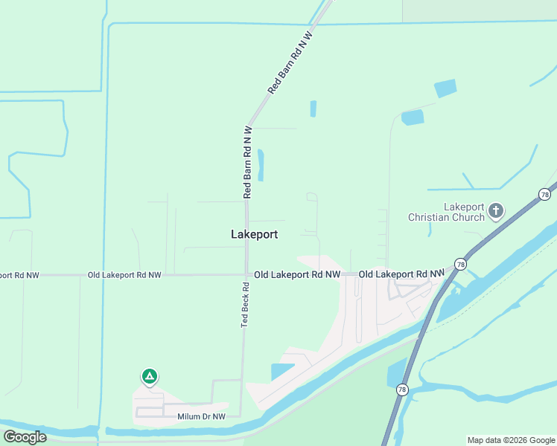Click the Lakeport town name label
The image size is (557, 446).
click(254, 234)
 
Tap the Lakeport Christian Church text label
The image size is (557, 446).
click(446, 212)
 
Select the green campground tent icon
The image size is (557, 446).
click(150, 377)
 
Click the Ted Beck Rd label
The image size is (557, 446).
click(244, 305)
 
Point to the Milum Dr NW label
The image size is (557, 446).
click(201, 417)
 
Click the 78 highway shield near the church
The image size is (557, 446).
click(544, 194)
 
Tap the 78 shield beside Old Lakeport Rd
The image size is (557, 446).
click(461, 264)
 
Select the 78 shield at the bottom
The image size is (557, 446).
click(402, 390)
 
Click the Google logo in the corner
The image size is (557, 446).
click(25, 436)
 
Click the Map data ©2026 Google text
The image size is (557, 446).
click(512, 440)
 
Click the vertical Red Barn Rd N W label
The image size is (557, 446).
click(247, 161)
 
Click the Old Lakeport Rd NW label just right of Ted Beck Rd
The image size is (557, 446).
click(297, 275)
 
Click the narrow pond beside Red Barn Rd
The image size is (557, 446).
click(261, 164)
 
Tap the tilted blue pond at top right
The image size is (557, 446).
click(445, 88)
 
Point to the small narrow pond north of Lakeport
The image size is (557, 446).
click(313, 109)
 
